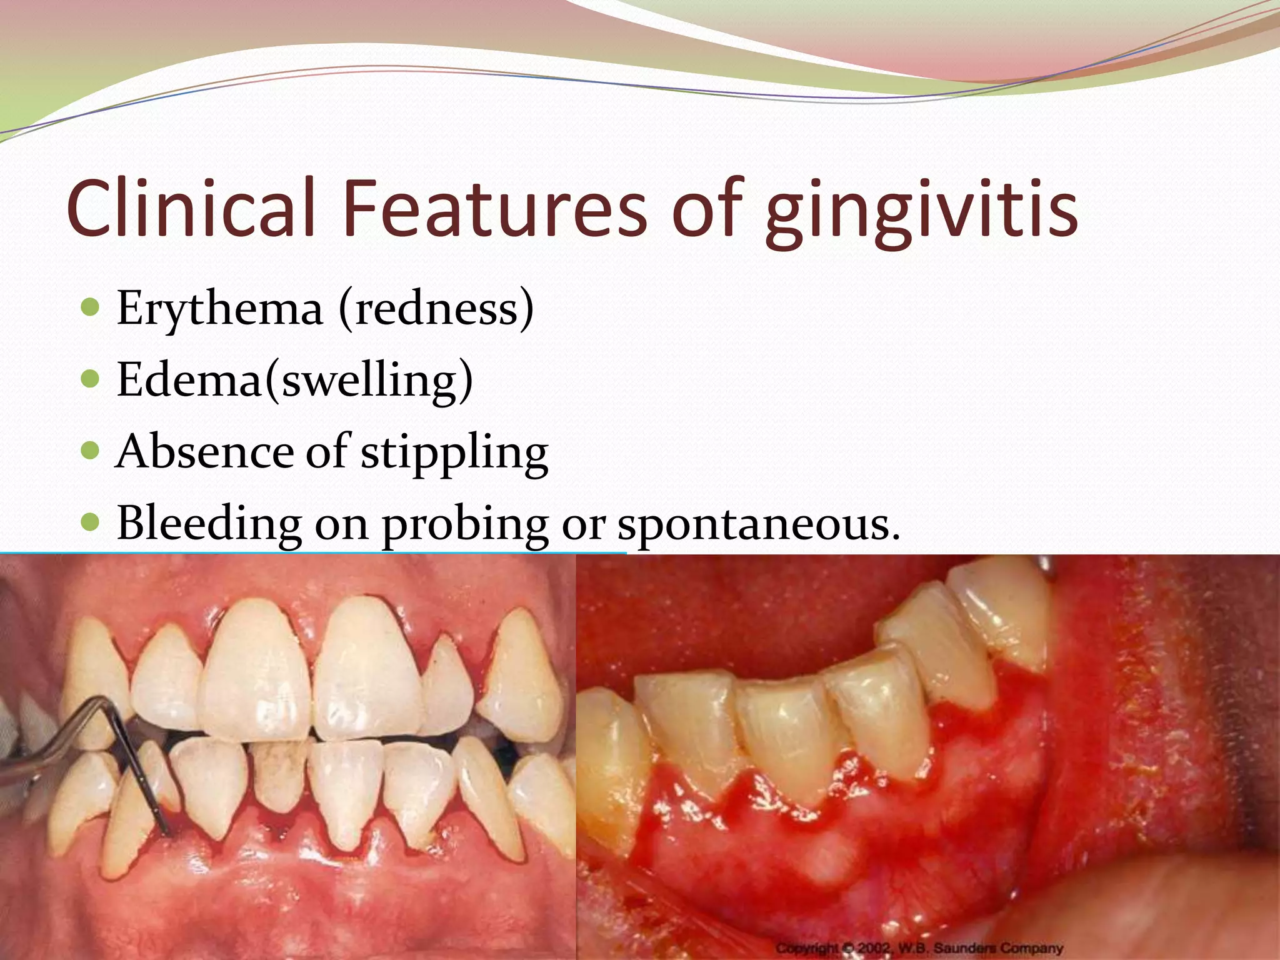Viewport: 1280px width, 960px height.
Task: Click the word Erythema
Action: point(219,309)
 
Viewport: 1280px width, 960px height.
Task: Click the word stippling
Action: point(454,454)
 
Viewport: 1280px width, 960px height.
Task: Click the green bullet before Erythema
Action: point(91,307)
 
